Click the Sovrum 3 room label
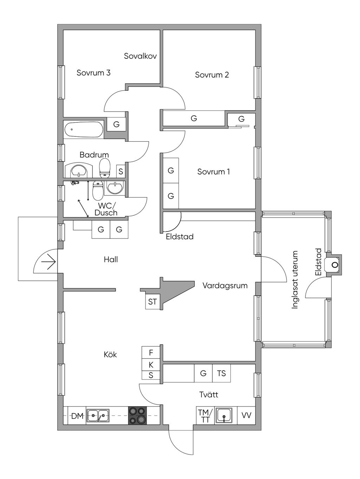[x=94, y=73]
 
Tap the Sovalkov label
[x=140, y=56]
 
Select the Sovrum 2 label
[x=212, y=75]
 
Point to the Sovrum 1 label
[x=213, y=172]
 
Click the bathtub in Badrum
[x=84, y=129]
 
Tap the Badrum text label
[x=94, y=155]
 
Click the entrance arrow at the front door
[x=49, y=262]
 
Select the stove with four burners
[x=137, y=415]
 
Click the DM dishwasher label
[x=77, y=416]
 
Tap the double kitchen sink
[x=98, y=415]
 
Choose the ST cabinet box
[x=153, y=302]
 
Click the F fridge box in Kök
[x=151, y=352]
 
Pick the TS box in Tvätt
[x=221, y=373]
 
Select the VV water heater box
[x=246, y=415]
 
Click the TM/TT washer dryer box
[x=205, y=415]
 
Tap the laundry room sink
[x=224, y=415]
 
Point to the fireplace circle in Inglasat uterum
[x=335, y=264]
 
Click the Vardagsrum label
[x=225, y=286]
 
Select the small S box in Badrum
[x=121, y=172]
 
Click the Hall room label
[x=111, y=260]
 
